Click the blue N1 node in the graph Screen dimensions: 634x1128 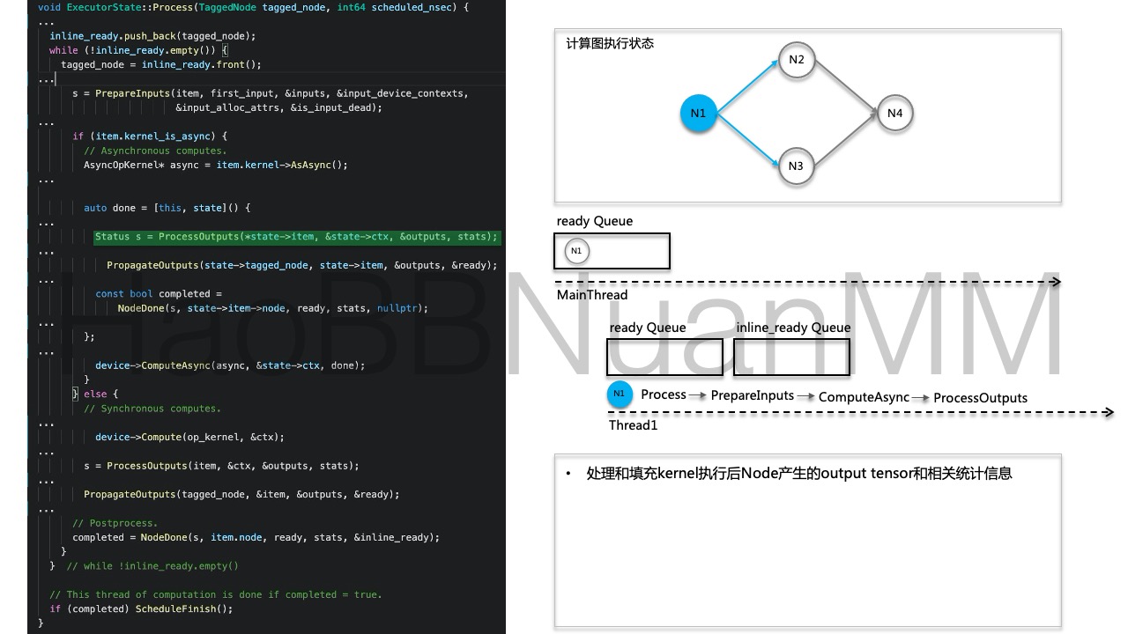[x=698, y=114]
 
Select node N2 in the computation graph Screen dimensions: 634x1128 [x=797, y=60]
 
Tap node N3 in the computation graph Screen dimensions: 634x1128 [x=797, y=166]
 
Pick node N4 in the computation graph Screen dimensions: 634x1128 [x=894, y=114]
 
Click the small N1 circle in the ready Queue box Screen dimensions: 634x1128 [x=576, y=251]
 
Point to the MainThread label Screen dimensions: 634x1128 [x=592, y=295]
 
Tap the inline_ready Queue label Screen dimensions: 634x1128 [x=793, y=328]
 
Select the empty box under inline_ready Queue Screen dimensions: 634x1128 [x=792, y=357]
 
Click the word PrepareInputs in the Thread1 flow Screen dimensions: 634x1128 [x=753, y=395]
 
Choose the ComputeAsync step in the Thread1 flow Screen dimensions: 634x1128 [x=864, y=397]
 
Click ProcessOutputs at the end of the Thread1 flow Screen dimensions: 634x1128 [x=980, y=398]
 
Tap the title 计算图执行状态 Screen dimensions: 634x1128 [x=610, y=43]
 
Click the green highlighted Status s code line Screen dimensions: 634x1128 [x=297, y=236]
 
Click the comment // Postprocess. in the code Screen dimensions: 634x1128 [x=115, y=523]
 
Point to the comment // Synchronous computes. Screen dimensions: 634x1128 [x=152, y=409]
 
